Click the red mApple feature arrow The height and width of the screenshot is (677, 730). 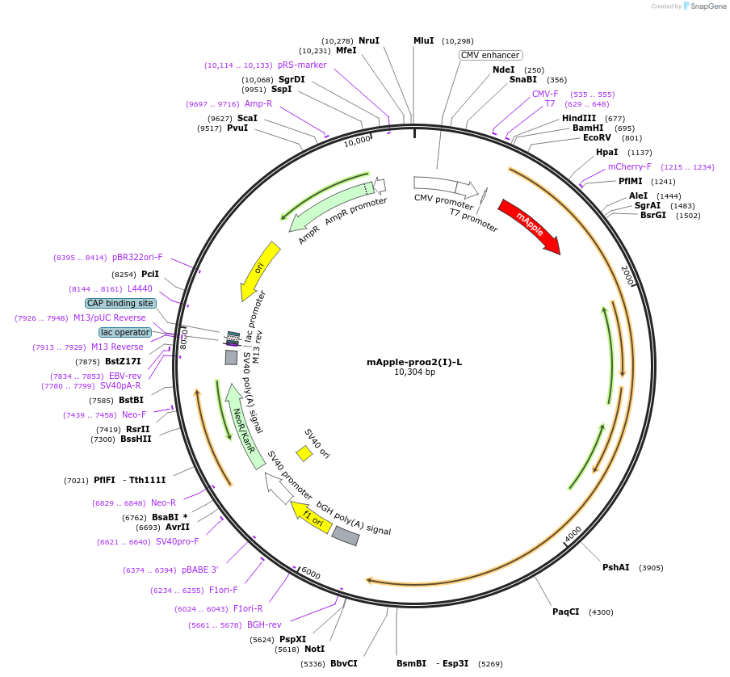click(529, 225)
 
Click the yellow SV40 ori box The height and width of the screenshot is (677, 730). click(304, 453)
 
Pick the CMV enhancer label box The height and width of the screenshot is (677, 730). click(490, 55)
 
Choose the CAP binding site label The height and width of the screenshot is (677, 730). click(120, 303)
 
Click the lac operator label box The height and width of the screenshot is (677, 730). click(125, 332)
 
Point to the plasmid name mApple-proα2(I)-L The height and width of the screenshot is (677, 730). click(414, 362)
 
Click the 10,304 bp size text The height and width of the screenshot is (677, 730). click(414, 372)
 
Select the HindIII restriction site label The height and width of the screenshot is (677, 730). click(579, 118)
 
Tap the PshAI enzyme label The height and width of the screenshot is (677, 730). click(615, 567)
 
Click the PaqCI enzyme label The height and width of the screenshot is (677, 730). click(565, 612)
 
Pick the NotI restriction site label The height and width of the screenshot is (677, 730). click(314, 649)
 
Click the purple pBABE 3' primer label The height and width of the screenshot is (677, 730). click(199, 570)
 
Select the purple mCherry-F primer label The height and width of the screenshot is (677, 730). click(629, 166)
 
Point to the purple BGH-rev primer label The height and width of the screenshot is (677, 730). click(264, 624)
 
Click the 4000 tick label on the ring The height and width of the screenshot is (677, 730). click(573, 535)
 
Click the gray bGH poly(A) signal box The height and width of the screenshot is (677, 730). click(346, 536)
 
